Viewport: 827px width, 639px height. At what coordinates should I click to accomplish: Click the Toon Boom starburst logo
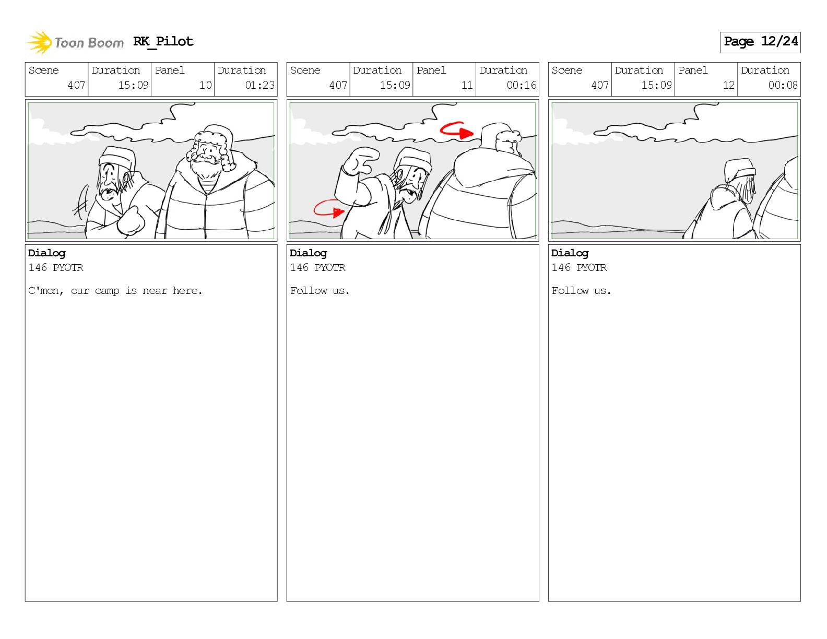pyautogui.click(x=40, y=42)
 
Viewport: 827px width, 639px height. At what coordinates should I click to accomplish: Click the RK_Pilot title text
pyautogui.click(x=163, y=41)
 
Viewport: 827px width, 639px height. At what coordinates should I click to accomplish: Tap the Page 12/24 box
pyautogui.click(x=760, y=42)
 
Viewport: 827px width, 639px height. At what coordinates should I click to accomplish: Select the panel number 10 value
pyautogui.click(x=206, y=85)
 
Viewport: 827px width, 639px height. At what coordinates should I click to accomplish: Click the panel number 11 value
pyautogui.click(x=467, y=85)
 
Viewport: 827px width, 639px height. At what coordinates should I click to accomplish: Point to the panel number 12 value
pyautogui.click(x=728, y=85)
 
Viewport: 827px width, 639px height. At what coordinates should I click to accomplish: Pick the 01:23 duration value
pyautogui.click(x=259, y=85)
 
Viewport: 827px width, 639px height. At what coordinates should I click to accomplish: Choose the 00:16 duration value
pyautogui.click(x=522, y=85)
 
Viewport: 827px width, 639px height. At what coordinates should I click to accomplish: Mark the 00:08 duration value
pyautogui.click(x=783, y=85)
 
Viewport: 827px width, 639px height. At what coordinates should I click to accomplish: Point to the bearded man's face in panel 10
pyautogui.click(x=207, y=156)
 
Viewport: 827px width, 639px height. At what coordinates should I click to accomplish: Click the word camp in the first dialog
pyautogui.click(x=107, y=291)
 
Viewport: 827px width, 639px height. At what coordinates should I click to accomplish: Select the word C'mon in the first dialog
pyautogui.click(x=45, y=291)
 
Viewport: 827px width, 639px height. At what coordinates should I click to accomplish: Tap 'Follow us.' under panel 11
pyautogui.click(x=320, y=291)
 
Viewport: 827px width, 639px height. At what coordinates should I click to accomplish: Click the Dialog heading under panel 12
pyautogui.click(x=570, y=254)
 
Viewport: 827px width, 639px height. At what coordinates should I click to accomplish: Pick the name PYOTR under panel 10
pyautogui.click(x=68, y=267)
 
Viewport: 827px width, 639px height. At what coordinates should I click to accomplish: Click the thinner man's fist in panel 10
pyautogui.click(x=131, y=221)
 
